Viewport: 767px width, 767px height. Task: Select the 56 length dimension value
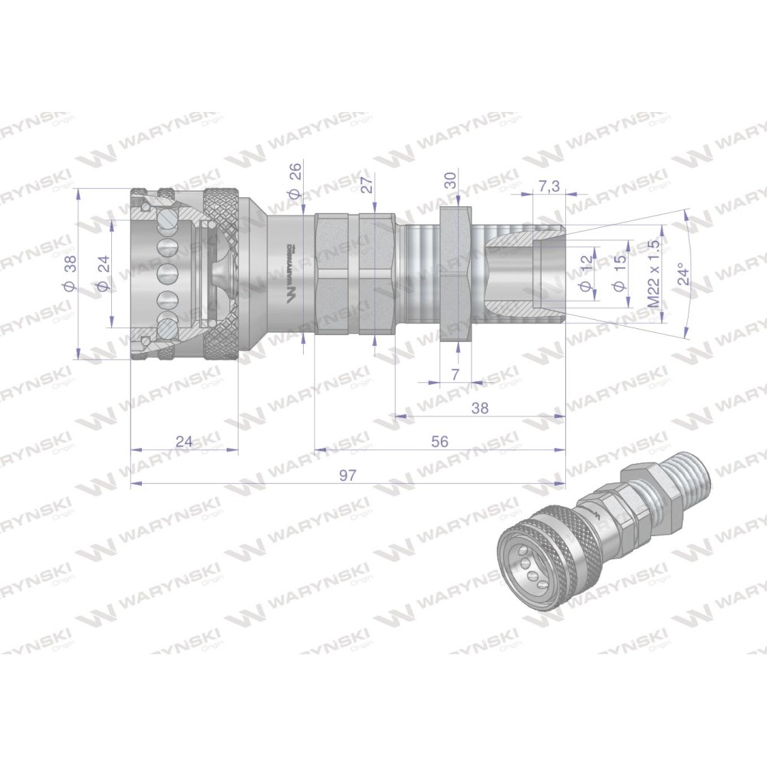tap(439, 441)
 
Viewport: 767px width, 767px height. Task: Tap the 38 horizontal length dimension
tap(480, 408)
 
